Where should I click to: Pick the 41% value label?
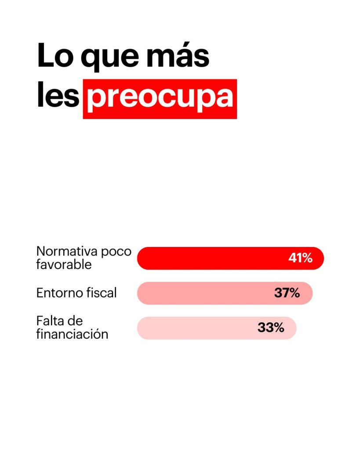(300, 258)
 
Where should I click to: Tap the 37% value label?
(287, 293)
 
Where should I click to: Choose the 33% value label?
(271, 328)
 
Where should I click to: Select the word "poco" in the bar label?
(116, 251)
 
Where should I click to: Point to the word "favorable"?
(64, 265)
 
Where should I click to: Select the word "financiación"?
(72, 334)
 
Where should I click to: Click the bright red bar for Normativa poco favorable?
(211, 258)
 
